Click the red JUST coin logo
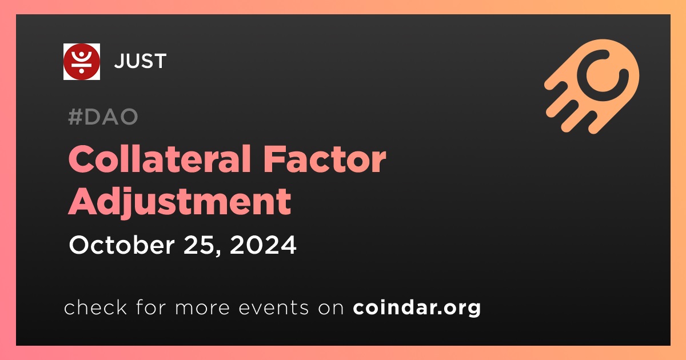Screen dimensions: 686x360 coord(81,62)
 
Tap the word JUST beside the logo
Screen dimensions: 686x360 coord(140,61)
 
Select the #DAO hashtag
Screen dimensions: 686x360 coord(103,117)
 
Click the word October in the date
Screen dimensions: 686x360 coord(122,245)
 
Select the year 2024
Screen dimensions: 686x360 coord(263,245)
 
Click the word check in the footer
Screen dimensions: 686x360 coord(95,307)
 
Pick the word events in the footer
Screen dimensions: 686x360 coord(274,307)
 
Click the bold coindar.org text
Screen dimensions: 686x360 coord(417,307)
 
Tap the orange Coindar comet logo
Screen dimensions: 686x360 coord(592,86)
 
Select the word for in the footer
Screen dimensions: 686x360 coord(151,307)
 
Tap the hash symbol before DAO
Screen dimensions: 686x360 coord(75,117)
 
